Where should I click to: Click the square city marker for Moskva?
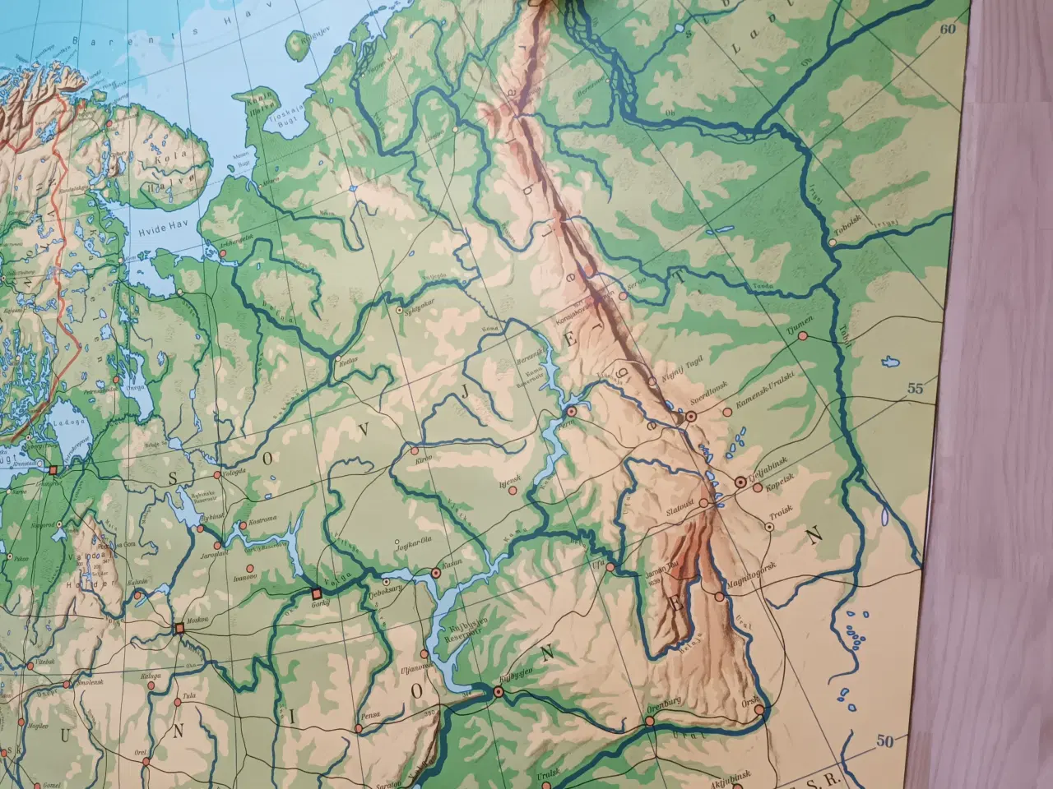point(179,629)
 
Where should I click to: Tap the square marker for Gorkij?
point(317,593)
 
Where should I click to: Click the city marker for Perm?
point(572,410)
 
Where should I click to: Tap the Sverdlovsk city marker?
point(690,418)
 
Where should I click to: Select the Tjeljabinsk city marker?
point(740,482)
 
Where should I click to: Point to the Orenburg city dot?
point(649,721)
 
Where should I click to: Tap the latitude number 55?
point(916,390)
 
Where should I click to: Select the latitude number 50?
point(884,742)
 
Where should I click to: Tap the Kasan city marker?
point(436,573)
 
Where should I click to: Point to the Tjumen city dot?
point(802,335)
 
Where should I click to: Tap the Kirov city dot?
point(415,451)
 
